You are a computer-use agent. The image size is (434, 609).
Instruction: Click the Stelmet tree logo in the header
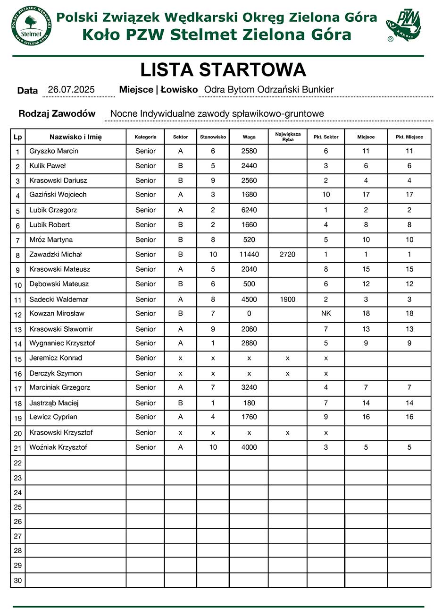(31, 26)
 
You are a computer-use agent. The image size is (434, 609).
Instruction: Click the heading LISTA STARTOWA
(223, 70)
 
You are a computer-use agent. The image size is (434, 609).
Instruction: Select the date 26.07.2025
(71, 90)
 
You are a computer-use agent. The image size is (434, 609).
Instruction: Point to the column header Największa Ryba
(287, 137)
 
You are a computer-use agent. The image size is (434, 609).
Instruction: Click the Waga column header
(249, 137)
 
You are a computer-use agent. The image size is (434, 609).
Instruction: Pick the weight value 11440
(249, 255)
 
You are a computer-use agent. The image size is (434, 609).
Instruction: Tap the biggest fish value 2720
(287, 255)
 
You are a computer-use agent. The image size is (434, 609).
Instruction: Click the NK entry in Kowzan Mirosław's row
(325, 314)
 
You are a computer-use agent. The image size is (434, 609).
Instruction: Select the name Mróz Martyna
(51, 240)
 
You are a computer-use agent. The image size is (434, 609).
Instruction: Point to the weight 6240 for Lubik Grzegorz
(249, 210)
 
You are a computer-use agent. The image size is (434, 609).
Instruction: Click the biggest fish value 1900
(287, 300)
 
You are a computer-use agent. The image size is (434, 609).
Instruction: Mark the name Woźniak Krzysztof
(58, 447)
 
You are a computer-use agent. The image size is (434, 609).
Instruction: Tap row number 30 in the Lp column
(18, 581)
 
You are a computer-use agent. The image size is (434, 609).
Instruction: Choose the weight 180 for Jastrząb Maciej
(249, 403)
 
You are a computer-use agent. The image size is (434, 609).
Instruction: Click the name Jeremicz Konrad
(56, 358)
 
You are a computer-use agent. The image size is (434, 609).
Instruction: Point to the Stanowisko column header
(213, 137)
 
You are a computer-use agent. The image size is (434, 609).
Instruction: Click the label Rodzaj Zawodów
(57, 114)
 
